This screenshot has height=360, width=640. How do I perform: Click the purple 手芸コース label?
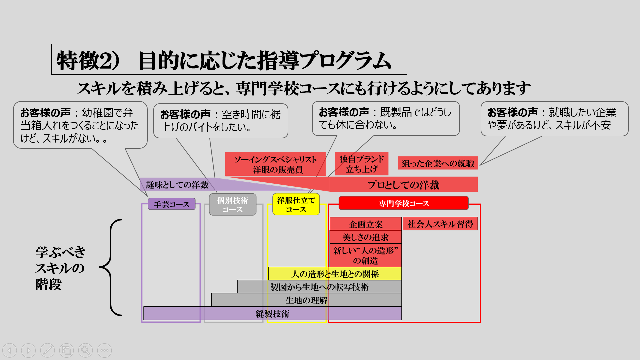pos(172,204)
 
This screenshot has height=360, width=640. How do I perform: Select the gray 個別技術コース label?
pos(233,205)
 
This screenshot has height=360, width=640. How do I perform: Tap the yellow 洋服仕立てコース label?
pos(296,204)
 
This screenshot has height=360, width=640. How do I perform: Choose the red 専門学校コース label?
pos(403,203)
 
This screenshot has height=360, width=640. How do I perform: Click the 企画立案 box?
pos(366,224)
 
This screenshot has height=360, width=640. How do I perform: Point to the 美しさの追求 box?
pos(366,237)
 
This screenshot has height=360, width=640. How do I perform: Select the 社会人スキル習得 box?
pos(440,224)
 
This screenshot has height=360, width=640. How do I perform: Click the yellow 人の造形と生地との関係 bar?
pos(335,274)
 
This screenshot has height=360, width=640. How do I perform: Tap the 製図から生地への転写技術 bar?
pos(319,287)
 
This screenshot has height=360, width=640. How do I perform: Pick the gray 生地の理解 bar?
pos(306,300)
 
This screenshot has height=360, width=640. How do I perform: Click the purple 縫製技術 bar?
pos(272,313)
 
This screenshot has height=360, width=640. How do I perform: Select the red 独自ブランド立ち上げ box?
pos(362,164)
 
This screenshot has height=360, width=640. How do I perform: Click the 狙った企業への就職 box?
pos(438,163)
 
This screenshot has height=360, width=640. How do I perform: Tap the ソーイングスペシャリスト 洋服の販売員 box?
pos(275,164)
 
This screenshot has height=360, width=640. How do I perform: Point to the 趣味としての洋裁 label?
pos(177,185)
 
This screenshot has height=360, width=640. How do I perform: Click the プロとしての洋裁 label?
pos(403,185)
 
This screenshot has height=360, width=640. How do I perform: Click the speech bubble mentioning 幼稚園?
pos(80,125)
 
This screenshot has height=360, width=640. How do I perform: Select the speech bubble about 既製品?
pos(386,119)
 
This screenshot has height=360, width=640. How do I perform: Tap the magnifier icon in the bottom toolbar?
pos(85,350)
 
